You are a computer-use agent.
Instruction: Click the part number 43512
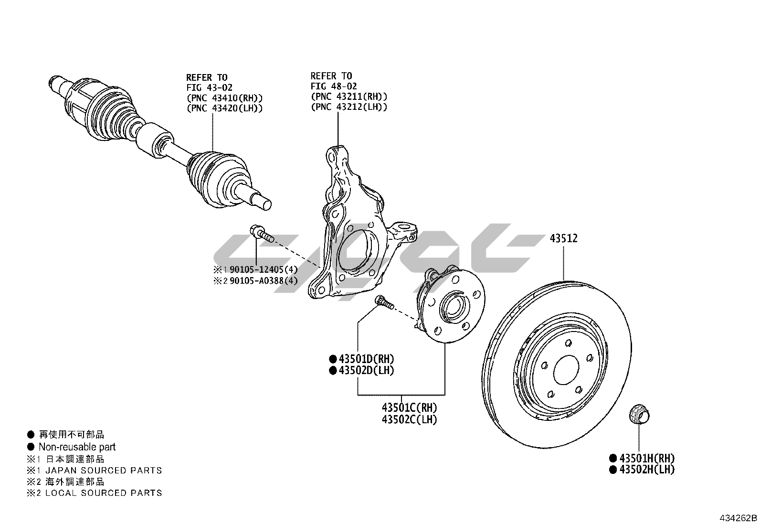click(563, 238)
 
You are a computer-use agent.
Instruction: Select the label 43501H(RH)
click(646, 458)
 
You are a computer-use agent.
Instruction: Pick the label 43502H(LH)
click(646, 470)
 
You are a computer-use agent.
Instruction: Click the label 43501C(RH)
click(409, 408)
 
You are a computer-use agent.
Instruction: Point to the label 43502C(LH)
click(409, 419)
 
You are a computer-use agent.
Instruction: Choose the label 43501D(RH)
click(366, 359)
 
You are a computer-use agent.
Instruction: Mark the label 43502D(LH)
click(366, 370)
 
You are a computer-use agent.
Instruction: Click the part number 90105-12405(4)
click(263, 269)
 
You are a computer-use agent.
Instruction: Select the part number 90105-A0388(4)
click(263, 280)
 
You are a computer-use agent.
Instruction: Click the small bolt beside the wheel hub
click(384, 302)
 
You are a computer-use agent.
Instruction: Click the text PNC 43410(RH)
click(224, 98)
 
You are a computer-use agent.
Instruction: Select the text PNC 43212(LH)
click(349, 107)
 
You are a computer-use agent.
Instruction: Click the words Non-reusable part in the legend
click(77, 447)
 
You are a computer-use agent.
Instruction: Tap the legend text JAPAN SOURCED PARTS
click(104, 471)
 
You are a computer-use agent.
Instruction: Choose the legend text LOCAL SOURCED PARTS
click(104, 493)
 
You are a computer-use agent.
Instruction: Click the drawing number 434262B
click(739, 518)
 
